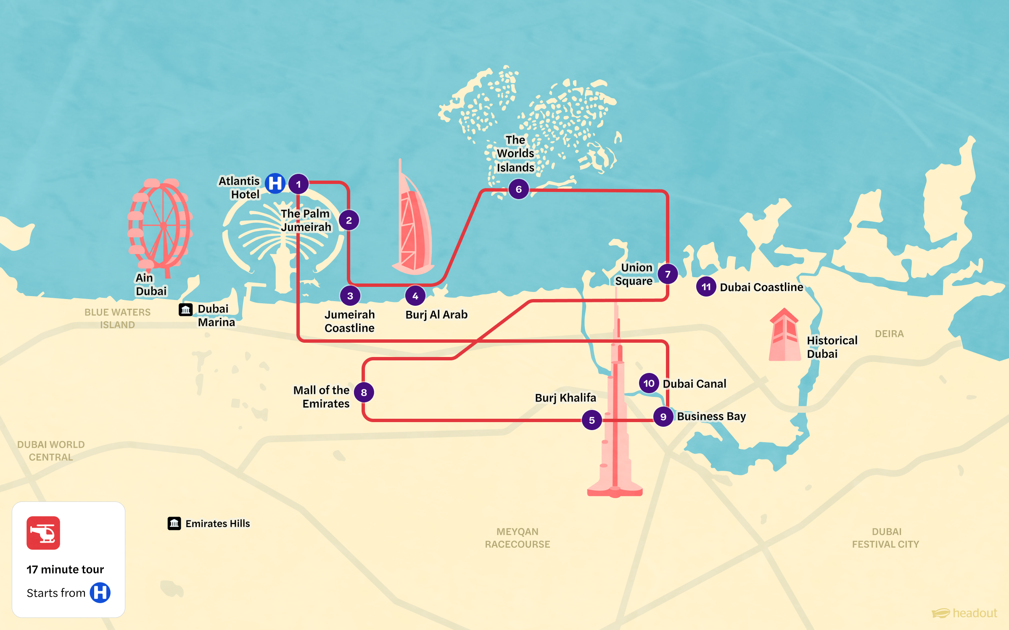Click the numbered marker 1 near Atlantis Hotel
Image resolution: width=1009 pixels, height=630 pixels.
click(x=298, y=184)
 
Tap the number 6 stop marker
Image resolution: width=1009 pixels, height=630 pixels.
click(x=518, y=189)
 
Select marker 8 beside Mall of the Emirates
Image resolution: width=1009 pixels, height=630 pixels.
click(x=364, y=392)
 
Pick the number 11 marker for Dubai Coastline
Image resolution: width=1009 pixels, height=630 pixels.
click(x=706, y=287)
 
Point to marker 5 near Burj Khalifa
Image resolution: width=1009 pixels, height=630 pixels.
click(x=592, y=420)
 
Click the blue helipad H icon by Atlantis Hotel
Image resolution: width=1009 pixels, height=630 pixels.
click(x=275, y=183)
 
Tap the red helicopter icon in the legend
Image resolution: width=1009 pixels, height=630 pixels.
click(x=43, y=533)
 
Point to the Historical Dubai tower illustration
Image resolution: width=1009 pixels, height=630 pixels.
click(x=784, y=336)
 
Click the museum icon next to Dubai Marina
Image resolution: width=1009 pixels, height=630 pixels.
click(x=185, y=310)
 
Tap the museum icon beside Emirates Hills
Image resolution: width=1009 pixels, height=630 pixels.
click(x=174, y=523)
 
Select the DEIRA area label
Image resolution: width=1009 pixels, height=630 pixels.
click(x=889, y=334)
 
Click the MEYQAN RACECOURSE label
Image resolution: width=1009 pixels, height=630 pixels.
click(x=517, y=538)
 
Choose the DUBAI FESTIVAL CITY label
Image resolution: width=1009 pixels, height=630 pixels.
click(x=886, y=538)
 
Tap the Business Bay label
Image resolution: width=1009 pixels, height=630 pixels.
click(x=711, y=416)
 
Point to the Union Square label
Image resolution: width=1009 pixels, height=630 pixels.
click(x=634, y=274)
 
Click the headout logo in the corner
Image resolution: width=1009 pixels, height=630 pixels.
click(x=964, y=613)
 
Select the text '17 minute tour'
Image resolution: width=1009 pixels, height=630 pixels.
click(x=65, y=570)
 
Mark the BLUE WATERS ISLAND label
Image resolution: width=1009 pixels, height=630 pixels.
click(x=117, y=318)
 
